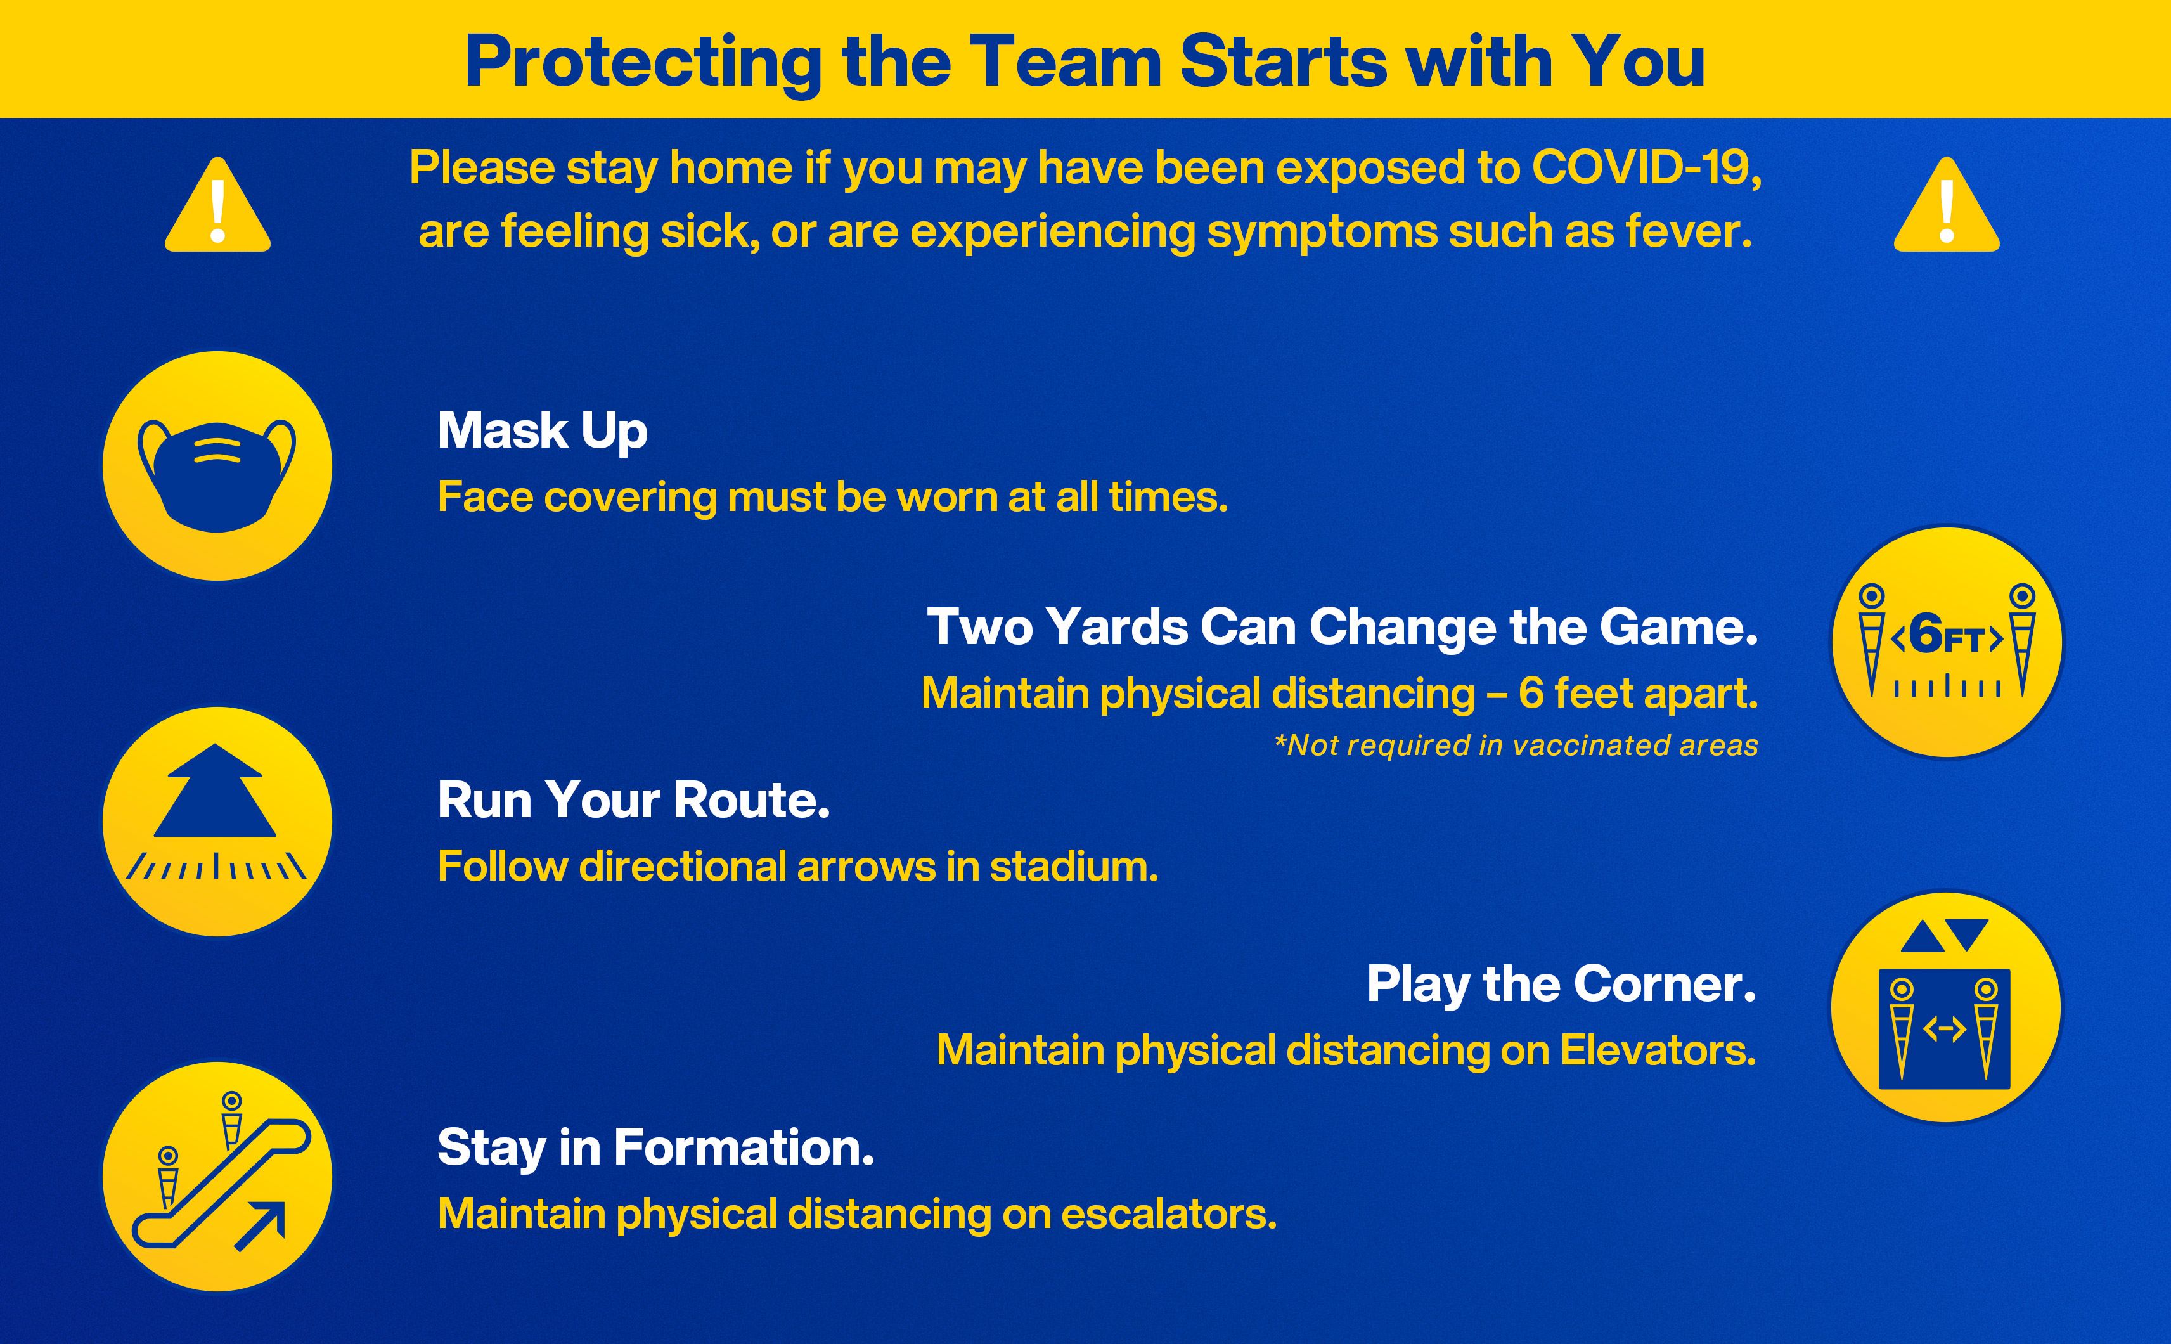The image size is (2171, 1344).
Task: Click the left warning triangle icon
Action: point(217,206)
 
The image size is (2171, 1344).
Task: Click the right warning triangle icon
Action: point(1946,206)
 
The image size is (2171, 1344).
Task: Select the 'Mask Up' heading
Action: point(542,431)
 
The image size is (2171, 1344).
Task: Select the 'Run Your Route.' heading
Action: point(634,800)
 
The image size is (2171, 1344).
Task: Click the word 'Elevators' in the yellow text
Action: point(1658,1050)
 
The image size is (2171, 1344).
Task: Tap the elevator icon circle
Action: point(1945,1007)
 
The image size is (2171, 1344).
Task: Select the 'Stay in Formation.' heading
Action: point(656,1147)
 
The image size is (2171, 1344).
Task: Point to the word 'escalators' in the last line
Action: point(1169,1214)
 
